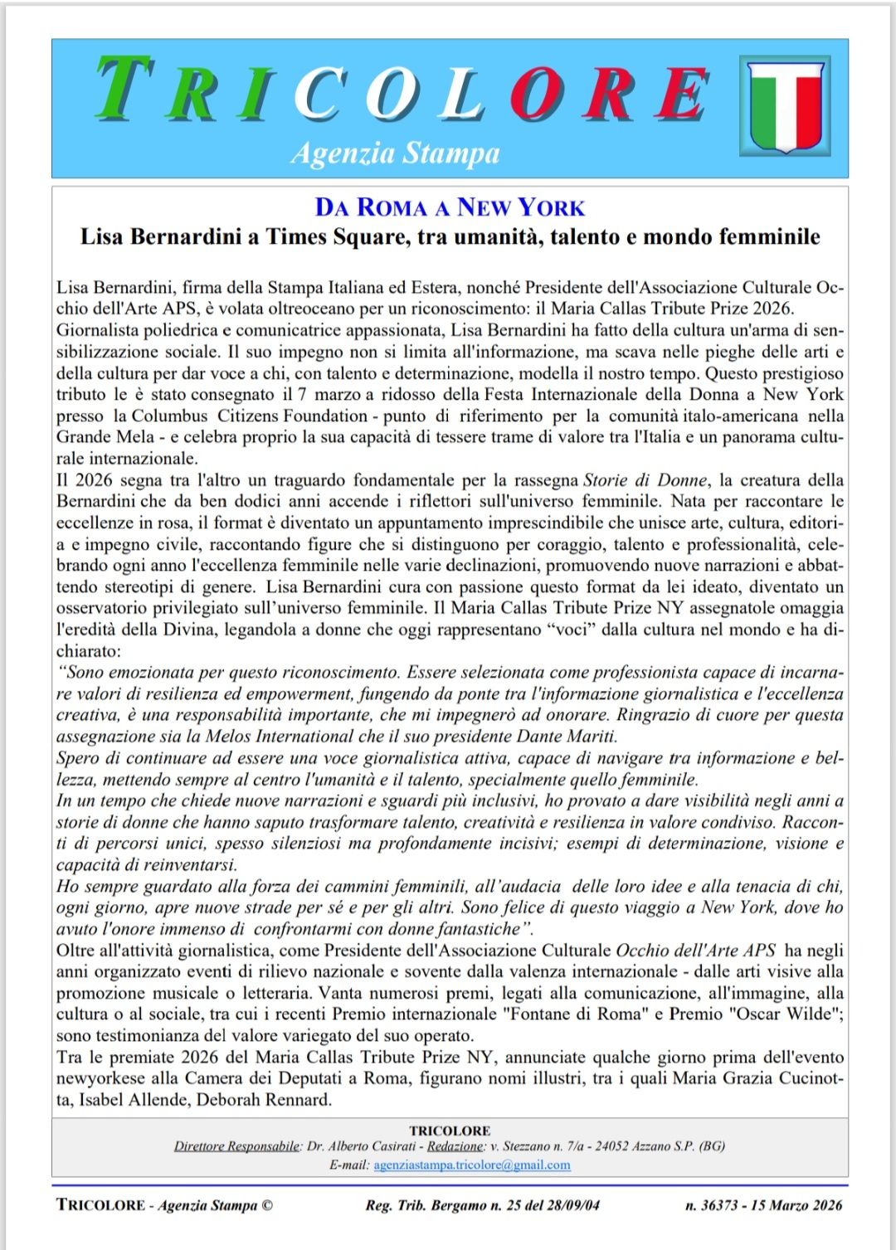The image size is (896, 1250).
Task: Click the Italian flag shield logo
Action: (x=785, y=105)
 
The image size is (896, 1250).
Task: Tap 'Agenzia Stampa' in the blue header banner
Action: (x=395, y=153)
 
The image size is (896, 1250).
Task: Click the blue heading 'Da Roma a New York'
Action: (x=450, y=207)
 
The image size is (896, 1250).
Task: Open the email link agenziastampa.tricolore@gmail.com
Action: (x=472, y=1165)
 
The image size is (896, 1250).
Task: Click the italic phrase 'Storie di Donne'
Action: (x=645, y=479)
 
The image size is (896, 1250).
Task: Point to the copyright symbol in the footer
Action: (x=266, y=1205)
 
